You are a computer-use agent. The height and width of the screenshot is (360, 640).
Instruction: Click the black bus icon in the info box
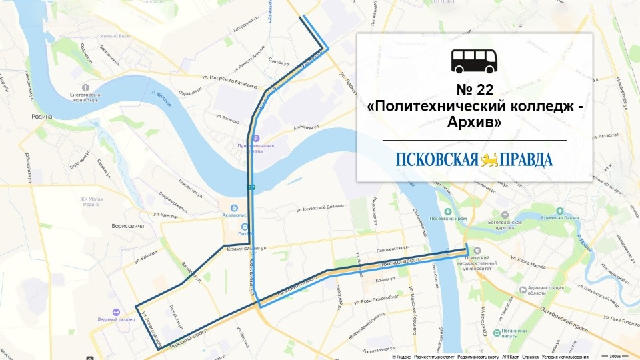click(x=474, y=61)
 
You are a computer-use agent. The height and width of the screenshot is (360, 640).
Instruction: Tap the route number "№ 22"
click(x=474, y=90)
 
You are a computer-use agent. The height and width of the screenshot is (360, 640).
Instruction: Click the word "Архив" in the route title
click(x=474, y=123)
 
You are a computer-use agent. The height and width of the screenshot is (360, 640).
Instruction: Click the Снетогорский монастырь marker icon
click(x=85, y=87)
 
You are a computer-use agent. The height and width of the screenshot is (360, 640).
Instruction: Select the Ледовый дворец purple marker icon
click(x=116, y=311)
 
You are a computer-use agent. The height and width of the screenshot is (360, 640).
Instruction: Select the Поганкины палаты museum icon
click(x=495, y=331)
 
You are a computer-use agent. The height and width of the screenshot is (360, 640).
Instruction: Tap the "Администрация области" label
click(x=546, y=289)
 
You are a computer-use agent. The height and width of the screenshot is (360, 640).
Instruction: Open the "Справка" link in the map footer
click(x=530, y=357)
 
